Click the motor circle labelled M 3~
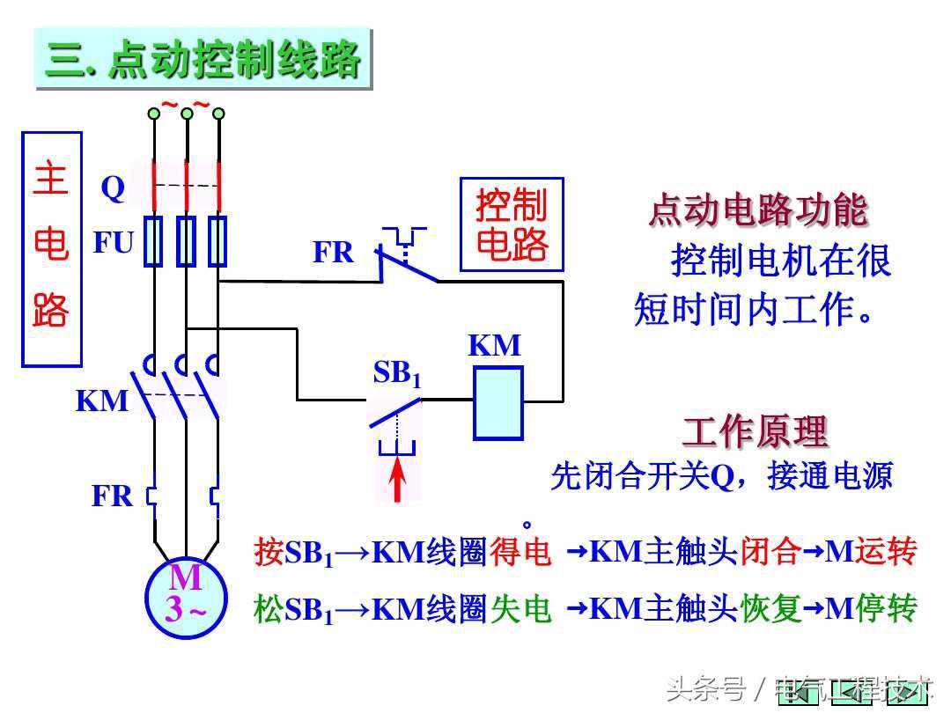coord(186,595)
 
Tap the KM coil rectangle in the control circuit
coord(498,402)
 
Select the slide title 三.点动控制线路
coord(203,59)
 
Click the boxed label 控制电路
coord(512,224)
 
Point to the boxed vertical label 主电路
coord(51,249)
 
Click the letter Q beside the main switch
coord(113,188)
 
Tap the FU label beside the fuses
coord(114,242)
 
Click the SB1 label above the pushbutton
coord(397,374)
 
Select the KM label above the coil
coord(495,346)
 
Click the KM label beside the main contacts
coord(101,401)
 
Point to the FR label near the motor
coord(113,496)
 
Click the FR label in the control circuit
coord(334,254)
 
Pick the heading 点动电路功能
coord(758,209)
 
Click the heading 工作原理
coord(755,431)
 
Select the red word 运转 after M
coord(887,553)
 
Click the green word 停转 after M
coord(887,608)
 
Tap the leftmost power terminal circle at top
coord(154,113)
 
